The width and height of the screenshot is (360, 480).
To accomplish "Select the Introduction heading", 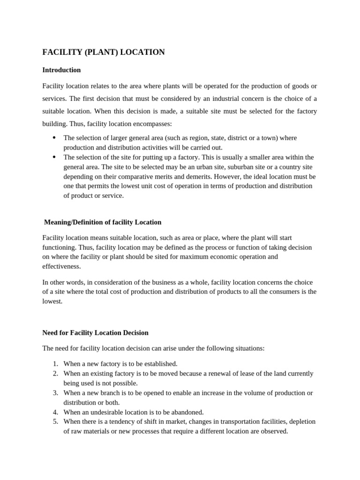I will [61, 70].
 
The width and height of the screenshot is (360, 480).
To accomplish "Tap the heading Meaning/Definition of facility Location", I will [102, 222].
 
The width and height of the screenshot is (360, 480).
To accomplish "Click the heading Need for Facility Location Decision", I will [95, 333].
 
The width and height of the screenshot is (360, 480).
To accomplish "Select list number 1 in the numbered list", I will [55, 364].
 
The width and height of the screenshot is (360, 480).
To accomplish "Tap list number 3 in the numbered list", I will [55, 393].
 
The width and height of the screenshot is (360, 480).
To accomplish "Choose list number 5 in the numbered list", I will [55, 422].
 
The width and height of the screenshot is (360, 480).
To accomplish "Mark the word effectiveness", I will [61, 266].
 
